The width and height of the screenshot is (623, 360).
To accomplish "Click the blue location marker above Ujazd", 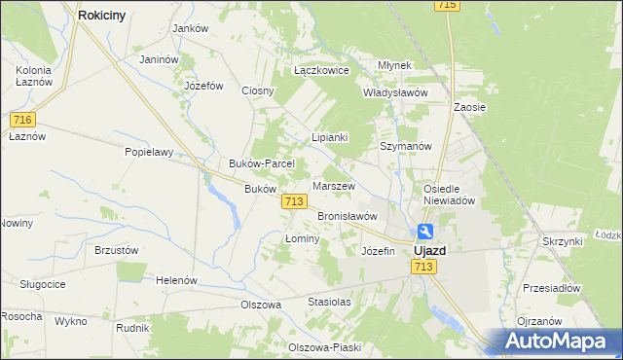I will pyautogui.click(x=426, y=232).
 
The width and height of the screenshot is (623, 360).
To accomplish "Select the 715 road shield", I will pyautogui.click(x=447, y=6).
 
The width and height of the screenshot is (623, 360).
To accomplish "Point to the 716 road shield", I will pyautogui.click(x=24, y=120).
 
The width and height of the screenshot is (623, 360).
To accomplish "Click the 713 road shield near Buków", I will pyautogui.click(x=295, y=200).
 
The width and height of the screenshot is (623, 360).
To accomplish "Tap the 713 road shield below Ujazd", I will pyautogui.click(x=423, y=267).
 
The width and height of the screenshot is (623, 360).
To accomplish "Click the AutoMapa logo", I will pyautogui.click(x=555, y=342).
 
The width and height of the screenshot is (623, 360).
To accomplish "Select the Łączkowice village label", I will pyautogui.click(x=321, y=70).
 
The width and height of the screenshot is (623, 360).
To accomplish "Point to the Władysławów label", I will pyautogui.click(x=395, y=92).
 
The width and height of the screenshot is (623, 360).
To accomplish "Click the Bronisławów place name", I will pyautogui.click(x=347, y=216).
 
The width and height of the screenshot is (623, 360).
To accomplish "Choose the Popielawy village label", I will pyautogui.click(x=148, y=152).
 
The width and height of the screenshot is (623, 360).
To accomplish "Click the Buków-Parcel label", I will pyautogui.click(x=255, y=163).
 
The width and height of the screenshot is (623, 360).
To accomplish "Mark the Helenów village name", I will pyautogui.click(x=176, y=280).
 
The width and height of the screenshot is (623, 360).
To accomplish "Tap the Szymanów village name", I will pyautogui.click(x=405, y=146).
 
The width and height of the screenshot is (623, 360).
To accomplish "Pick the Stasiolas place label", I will pyautogui.click(x=329, y=302).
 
